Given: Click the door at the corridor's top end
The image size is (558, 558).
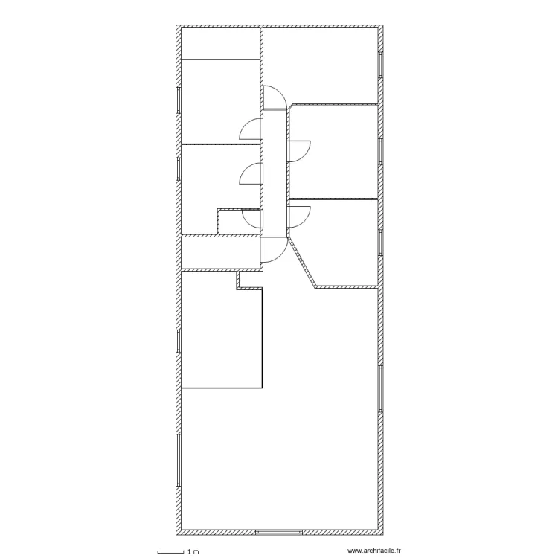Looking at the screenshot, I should coord(273,97).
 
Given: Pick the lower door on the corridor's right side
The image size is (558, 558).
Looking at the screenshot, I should coord(300,216).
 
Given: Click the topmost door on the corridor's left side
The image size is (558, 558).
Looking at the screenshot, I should coord(251,129).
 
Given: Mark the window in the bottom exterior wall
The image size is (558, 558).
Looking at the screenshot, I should coord(278,533).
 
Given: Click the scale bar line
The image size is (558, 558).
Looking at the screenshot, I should coord(170,551).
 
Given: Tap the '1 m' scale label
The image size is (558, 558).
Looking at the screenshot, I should coord(193,551).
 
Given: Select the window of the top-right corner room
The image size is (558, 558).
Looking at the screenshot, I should coord(381,64).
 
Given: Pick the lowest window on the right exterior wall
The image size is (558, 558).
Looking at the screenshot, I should coord(381,388).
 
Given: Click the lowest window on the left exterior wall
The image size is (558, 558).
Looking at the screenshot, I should coord(179,461).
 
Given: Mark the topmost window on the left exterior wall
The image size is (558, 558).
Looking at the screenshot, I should coord(179,100).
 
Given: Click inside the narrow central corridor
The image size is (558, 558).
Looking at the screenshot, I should coord(274,171).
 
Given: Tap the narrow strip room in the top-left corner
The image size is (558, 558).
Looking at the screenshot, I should coord(220,44).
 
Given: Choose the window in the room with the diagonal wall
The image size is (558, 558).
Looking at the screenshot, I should coord(381,242).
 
